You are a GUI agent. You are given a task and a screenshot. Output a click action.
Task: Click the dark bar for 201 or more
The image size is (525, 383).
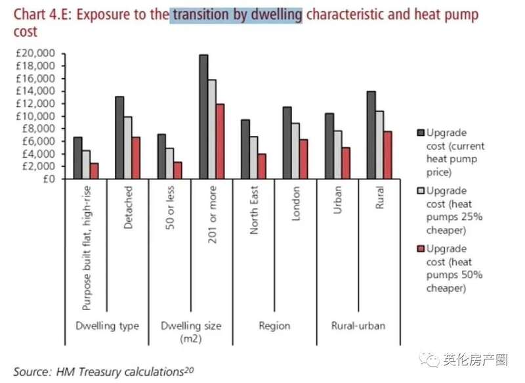tap(203, 117)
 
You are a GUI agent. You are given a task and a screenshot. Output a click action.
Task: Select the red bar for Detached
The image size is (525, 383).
tap(136, 158)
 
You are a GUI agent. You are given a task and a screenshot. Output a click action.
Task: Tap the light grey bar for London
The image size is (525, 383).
tap(296, 150)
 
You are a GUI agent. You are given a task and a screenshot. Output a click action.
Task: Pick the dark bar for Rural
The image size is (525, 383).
tap(371, 135)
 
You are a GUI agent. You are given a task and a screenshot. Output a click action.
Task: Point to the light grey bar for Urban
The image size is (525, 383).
tap(338, 154)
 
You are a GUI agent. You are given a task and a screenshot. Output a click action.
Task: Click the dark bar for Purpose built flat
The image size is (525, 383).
tap(77, 158)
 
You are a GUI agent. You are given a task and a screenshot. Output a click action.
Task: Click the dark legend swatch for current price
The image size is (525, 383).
tap(420, 132)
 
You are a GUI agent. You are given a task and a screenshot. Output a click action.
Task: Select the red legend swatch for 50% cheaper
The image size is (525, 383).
tap(420, 249)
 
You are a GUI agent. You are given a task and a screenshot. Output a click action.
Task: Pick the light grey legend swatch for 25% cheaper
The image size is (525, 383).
tap(420, 191)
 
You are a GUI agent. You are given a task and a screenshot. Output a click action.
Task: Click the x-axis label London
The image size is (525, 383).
tap(297, 205)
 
